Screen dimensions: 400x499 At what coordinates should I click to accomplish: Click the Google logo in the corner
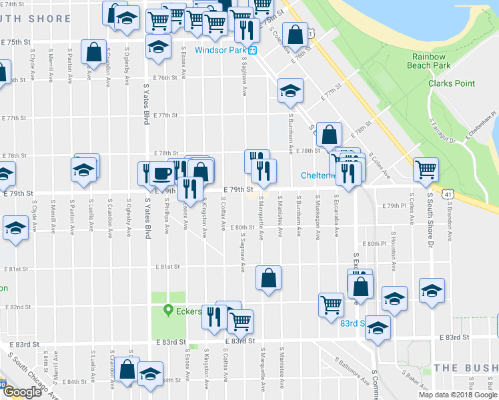pyautogui.click(x=22, y=393)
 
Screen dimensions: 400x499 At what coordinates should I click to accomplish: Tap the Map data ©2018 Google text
pyautogui.click(x=457, y=395)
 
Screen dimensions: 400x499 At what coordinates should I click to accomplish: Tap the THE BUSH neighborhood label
pyautogui.click(x=465, y=368)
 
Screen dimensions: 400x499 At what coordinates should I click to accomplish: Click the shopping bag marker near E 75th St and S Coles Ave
pyautogui.click(x=294, y=35)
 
